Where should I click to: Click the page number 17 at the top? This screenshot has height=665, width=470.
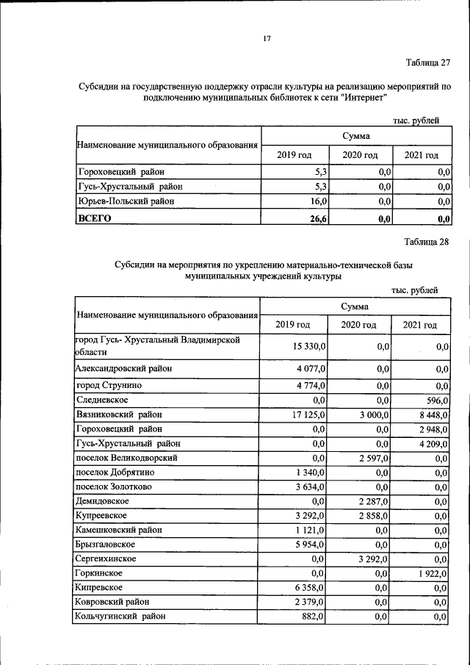pyautogui.click(x=268, y=39)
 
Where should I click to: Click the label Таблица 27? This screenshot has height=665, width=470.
pyautogui.click(x=427, y=62)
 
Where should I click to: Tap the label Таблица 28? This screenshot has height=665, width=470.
pyautogui.click(x=426, y=241)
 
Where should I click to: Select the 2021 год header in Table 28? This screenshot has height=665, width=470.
pyautogui.click(x=419, y=325)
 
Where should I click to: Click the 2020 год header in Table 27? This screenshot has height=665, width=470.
pyautogui.click(x=360, y=155)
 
